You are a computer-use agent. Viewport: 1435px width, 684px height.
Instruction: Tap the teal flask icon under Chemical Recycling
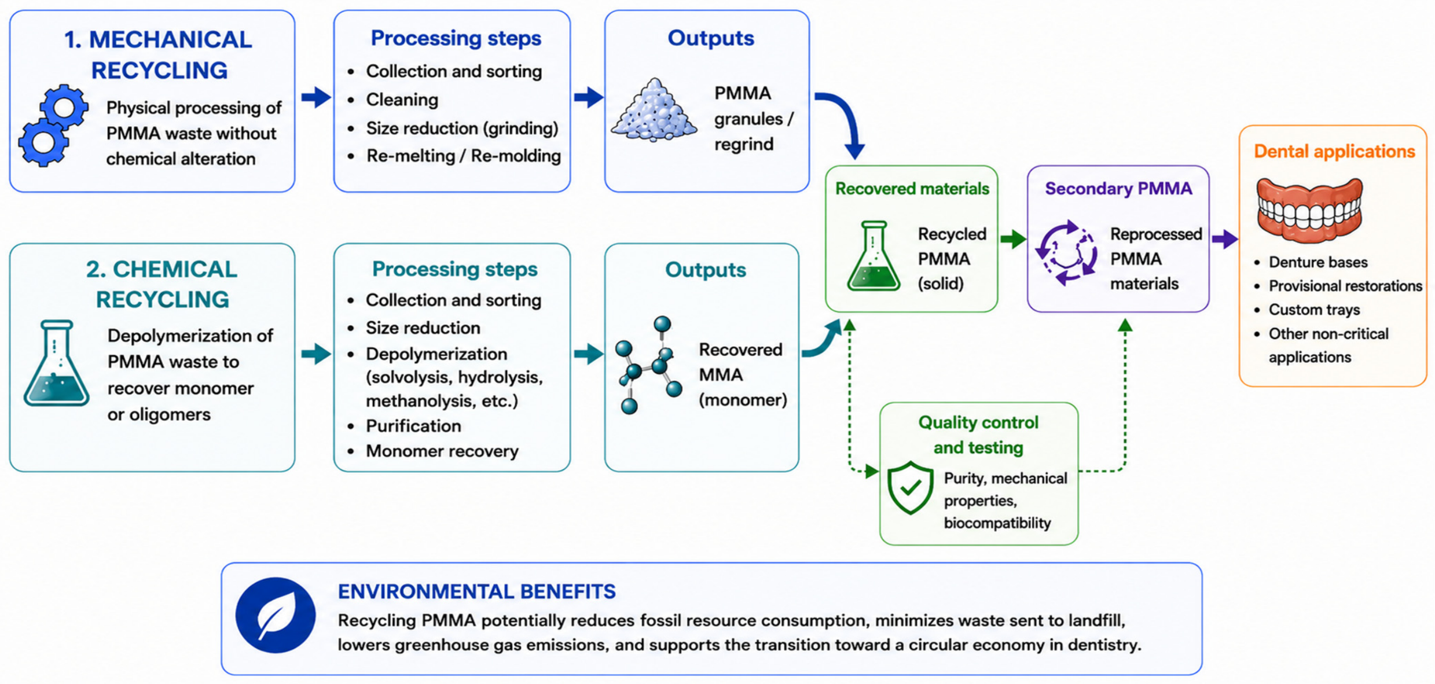tap(56, 363)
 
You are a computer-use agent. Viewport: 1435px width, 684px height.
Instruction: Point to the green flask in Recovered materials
tap(874, 255)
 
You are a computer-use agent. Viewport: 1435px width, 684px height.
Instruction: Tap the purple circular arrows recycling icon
tap(1066, 252)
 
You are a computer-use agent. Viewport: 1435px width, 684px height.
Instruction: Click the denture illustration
tap(1309, 209)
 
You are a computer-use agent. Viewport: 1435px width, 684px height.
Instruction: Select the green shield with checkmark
tap(910, 487)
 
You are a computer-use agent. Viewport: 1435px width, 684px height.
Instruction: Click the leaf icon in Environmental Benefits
tap(276, 615)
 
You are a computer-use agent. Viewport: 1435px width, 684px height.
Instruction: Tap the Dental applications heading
tap(1334, 152)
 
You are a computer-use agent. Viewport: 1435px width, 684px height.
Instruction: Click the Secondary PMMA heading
tap(1118, 189)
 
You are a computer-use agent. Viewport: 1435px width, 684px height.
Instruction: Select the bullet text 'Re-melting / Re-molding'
tap(464, 156)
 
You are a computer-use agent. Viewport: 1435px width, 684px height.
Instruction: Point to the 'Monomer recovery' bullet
tap(442, 451)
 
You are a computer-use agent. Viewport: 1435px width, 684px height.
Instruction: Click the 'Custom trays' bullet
tap(1314, 310)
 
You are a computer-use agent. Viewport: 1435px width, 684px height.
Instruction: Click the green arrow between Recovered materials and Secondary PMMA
tap(1013, 238)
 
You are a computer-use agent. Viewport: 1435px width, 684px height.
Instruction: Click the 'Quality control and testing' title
tap(978, 435)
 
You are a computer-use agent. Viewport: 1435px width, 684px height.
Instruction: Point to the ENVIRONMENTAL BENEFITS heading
tap(477, 591)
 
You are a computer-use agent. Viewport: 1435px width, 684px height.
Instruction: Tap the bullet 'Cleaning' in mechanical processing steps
tap(402, 100)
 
